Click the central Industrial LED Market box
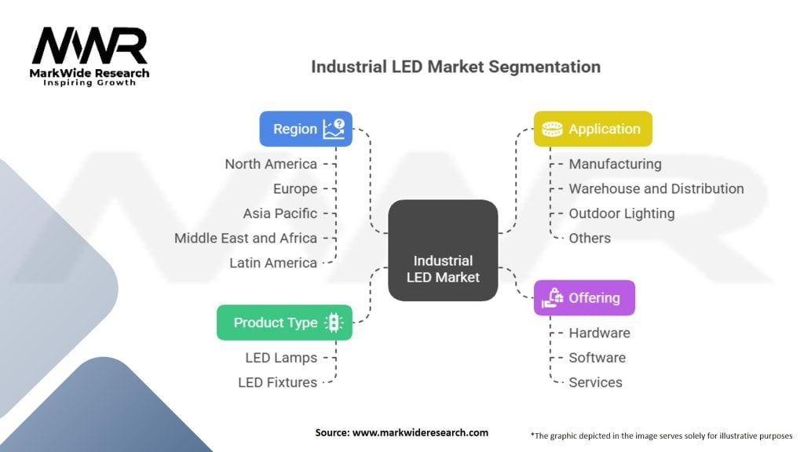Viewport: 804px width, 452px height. click(443, 250)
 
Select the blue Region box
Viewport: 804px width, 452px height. click(305, 129)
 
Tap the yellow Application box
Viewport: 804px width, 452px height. click(592, 129)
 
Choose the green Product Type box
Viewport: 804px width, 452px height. click(284, 323)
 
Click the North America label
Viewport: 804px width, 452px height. click(271, 164)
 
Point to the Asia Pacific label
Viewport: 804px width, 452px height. click(280, 213)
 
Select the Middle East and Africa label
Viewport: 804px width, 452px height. click(246, 238)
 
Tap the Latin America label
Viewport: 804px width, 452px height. click(273, 263)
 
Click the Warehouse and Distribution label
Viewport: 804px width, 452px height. click(656, 188)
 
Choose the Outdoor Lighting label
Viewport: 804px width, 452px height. click(621, 213)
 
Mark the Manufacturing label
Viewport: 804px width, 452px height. click(615, 164)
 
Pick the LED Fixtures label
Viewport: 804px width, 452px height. click(277, 382)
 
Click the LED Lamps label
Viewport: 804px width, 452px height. click(281, 358)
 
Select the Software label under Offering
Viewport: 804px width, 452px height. click(597, 358)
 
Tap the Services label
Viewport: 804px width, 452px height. click(595, 382)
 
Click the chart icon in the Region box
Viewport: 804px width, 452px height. click(334, 129)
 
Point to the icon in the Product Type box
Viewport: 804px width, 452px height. click(333, 323)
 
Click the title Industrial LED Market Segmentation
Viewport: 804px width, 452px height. click(455, 66)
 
